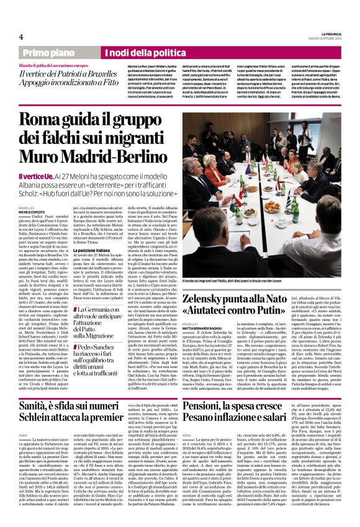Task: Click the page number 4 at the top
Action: click(20, 36)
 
